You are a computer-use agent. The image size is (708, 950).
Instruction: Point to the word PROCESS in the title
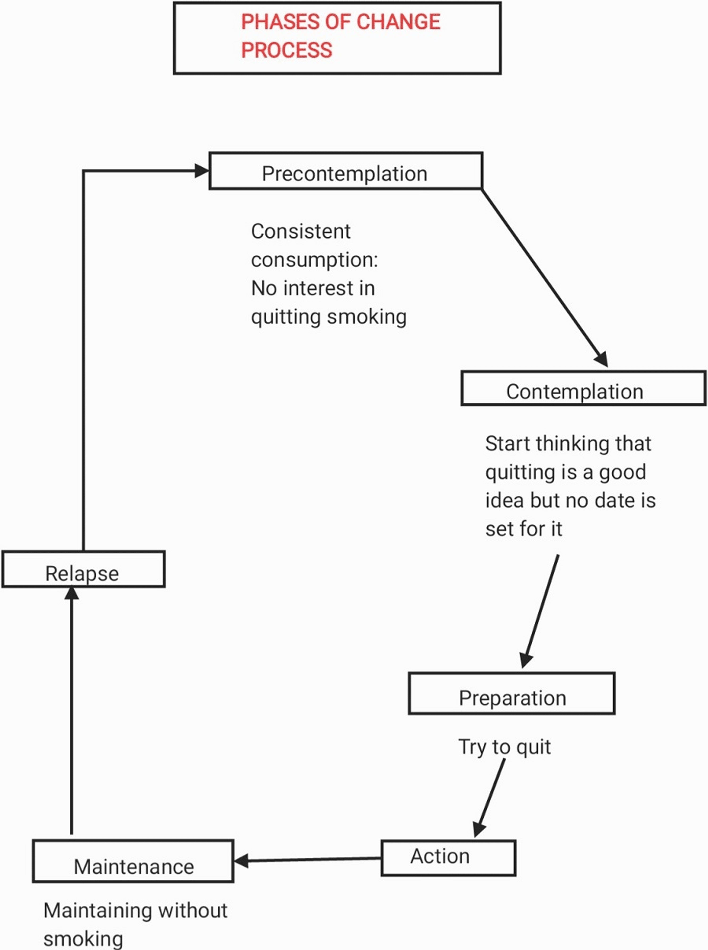point(286,50)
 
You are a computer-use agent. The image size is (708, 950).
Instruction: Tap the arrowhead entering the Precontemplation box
point(202,171)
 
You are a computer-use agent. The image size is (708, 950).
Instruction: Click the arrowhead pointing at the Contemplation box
point(602,359)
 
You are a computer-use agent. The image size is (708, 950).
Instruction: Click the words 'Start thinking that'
point(568,444)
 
